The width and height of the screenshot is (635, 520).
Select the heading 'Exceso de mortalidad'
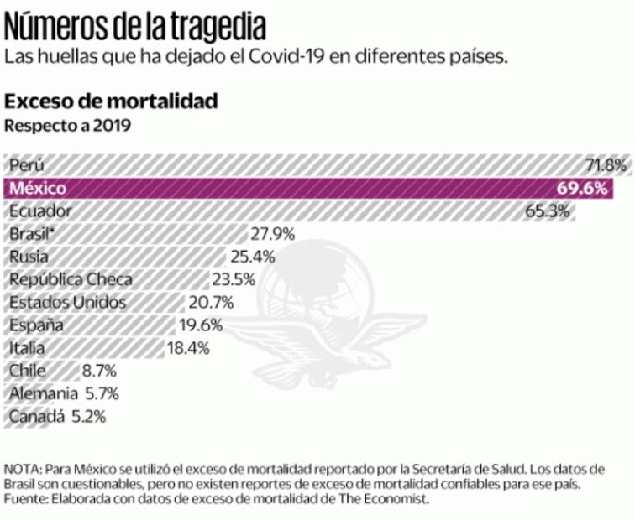pos(112,101)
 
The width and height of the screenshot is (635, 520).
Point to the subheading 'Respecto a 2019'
pos(68,127)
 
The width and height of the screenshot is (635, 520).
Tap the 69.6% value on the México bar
pos(581,187)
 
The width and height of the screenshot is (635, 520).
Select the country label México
pos(38,188)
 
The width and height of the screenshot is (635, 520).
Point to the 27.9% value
pos(273,234)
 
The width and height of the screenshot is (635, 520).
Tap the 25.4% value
pos(253,257)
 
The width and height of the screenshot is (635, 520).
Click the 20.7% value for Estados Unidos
pos(211,302)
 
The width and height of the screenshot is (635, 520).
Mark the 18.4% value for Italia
pos(187,347)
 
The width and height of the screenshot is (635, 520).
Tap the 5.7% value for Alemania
pos(102,393)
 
